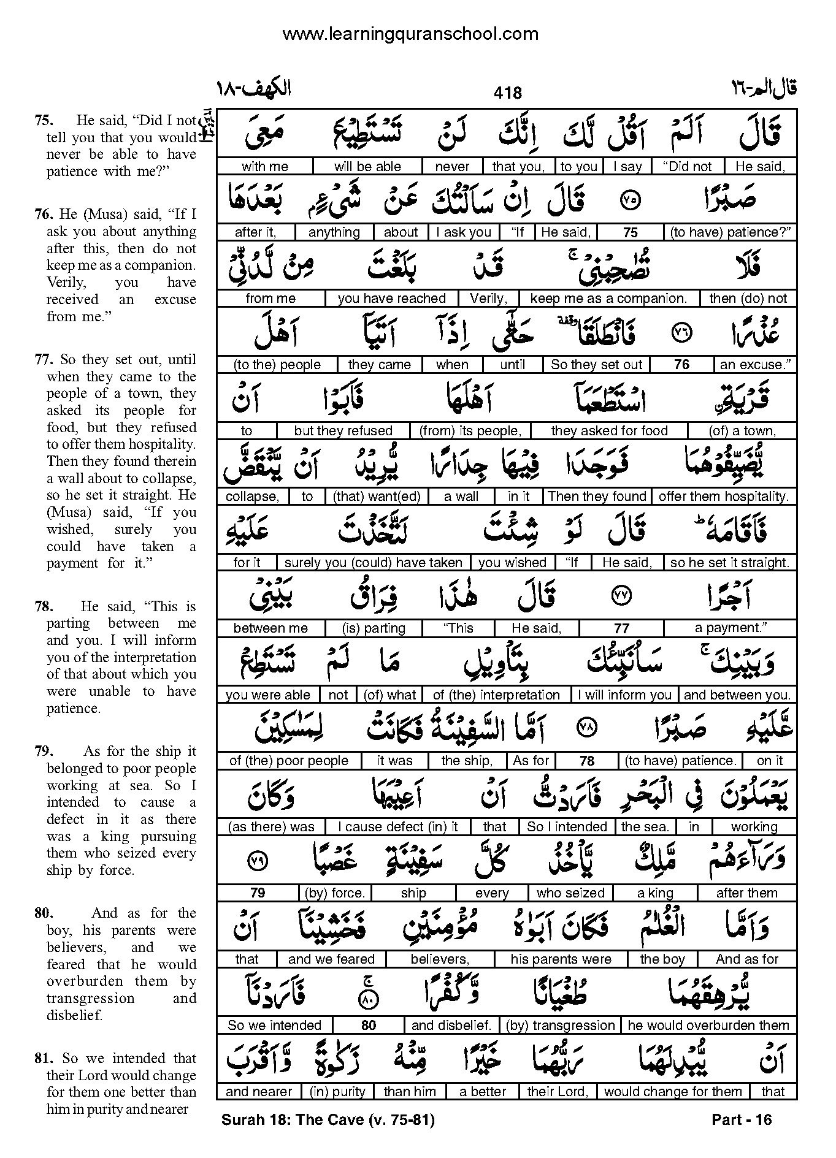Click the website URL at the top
coord(410,34)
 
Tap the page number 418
coord(507,93)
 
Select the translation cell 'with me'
coord(264,166)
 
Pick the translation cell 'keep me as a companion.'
coord(608,299)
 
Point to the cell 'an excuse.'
coord(755,365)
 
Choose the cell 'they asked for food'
coord(609,431)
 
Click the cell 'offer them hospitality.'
coord(724,497)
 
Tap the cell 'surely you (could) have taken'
coord(374,563)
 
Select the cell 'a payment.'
coord(731,628)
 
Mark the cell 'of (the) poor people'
coord(288,761)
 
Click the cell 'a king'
coord(655,893)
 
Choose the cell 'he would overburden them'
coord(708,1025)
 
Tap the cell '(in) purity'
coord(337,1091)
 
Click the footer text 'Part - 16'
coord(742,1120)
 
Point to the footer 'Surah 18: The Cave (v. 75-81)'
coord(328,1120)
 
